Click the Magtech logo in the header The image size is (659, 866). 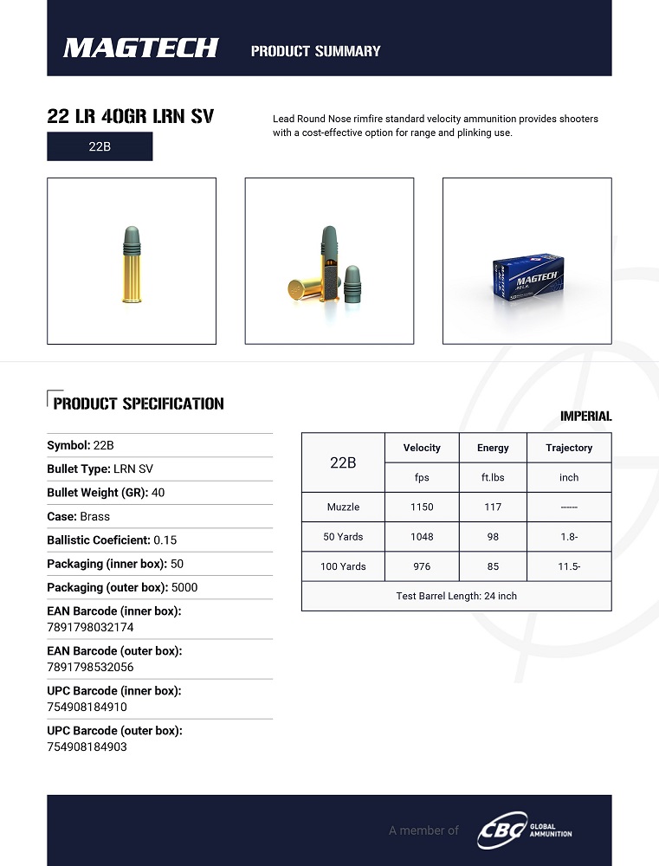click(140, 48)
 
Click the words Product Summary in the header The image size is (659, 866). click(315, 51)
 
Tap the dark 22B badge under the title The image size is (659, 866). click(100, 146)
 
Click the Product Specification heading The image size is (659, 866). click(138, 404)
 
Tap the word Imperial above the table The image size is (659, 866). click(585, 417)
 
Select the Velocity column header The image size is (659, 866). click(422, 448)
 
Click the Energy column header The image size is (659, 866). click(493, 448)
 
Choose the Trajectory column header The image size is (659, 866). click(569, 448)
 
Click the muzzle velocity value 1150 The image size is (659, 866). click(422, 507)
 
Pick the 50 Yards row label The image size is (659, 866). click(343, 537)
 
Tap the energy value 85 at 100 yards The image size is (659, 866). click(493, 566)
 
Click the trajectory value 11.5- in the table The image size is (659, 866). click(569, 566)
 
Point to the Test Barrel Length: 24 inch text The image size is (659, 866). click(456, 596)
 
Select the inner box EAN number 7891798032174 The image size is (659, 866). click(90, 627)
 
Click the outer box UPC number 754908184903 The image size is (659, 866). click(87, 746)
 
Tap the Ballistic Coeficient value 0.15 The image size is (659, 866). click(165, 540)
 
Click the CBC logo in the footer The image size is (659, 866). click(502, 830)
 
